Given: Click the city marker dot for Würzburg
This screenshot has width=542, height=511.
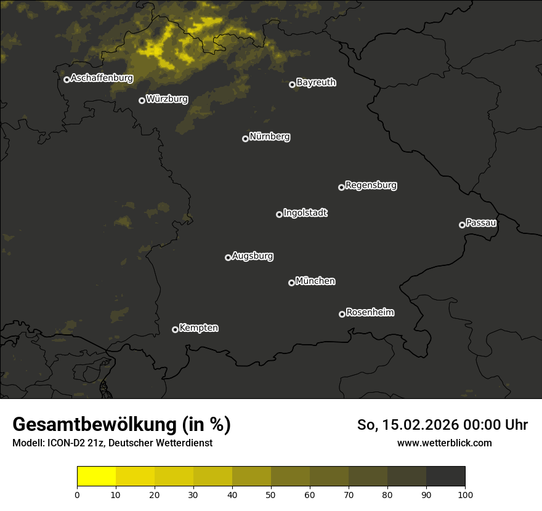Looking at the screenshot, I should point(142,100).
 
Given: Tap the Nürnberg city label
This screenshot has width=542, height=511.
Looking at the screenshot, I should point(270,137).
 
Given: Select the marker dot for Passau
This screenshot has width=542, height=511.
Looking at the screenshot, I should point(462,225).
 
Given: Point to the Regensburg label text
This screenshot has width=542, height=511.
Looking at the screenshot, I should point(371,185).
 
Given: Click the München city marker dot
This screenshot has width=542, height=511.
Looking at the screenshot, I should point(291,283).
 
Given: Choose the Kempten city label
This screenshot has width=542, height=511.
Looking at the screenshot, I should point(198,328).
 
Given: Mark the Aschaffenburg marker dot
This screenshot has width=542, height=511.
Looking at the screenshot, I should point(67,79).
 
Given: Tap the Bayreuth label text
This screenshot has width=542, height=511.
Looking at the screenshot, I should point(316,82).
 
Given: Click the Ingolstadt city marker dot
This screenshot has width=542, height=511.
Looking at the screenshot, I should point(279,214).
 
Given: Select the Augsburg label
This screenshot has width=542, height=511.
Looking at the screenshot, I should point(253,256).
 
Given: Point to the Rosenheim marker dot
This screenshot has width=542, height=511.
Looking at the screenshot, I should point(342,315).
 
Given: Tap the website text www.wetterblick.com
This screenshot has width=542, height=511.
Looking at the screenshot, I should point(444,443).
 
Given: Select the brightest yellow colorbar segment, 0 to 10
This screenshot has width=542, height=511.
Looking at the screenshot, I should point(96,477).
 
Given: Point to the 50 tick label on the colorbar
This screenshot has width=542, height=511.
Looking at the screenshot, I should point(271,494).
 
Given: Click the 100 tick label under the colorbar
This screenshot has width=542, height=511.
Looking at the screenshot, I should point(465,494).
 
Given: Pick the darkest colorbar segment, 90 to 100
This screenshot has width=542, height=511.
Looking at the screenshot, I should point(445,477).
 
